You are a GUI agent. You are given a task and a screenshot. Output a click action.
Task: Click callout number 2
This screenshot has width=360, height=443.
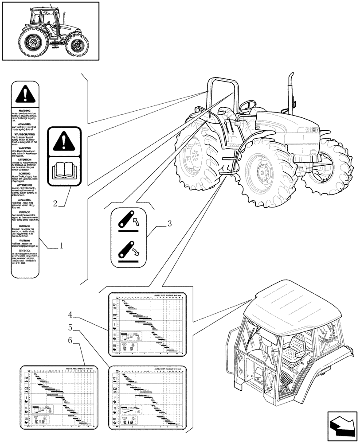[55, 204]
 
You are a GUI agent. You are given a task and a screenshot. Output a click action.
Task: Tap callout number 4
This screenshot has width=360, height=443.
[70, 315]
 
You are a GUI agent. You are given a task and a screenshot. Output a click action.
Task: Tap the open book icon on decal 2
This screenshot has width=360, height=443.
[64, 171]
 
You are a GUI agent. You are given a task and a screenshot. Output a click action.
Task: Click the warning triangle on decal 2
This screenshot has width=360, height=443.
[64, 141]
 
